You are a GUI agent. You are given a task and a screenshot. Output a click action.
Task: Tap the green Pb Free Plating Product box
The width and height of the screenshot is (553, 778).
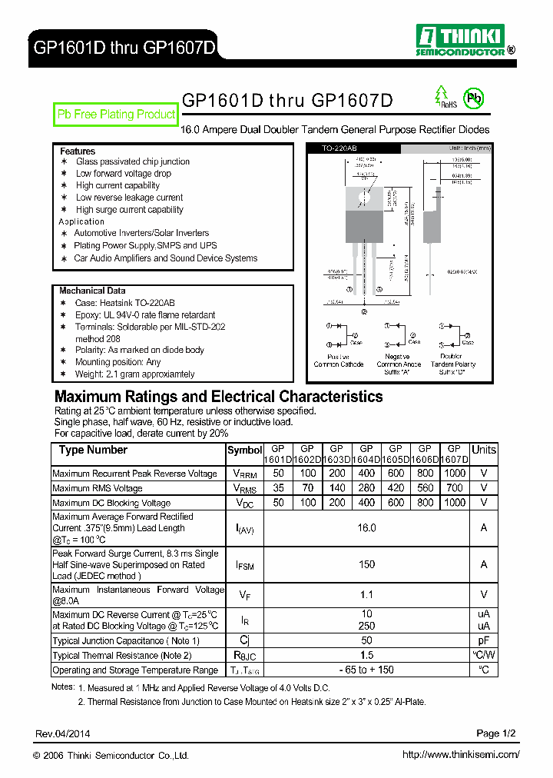pyautogui.click(x=117, y=115)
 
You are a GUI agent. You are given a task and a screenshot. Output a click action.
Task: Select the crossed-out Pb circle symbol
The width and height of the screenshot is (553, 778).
pyautogui.click(x=475, y=98)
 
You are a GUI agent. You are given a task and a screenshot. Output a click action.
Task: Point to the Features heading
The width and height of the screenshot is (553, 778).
pyautogui.click(x=78, y=151)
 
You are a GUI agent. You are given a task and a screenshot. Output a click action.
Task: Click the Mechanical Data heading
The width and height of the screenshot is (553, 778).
pyautogui.click(x=92, y=291)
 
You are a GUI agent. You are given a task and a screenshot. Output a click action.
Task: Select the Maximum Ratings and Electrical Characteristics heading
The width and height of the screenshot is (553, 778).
pyautogui.click(x=218, y=397)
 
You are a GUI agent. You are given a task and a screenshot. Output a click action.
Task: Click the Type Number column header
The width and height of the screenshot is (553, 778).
pyautogui.click(x=93, y=451)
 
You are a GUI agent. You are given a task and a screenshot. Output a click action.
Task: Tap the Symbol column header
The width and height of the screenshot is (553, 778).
pyautogui.click(x=245, y=451)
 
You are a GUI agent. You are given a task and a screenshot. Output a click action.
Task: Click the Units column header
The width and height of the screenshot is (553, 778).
pyautogui.click(x=484, y=450)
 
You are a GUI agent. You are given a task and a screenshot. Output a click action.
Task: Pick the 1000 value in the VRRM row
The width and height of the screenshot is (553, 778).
pyautogui.click(x=455, y=474)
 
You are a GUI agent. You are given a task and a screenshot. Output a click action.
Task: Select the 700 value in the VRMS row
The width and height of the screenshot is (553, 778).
pyautogui.click(x=455, y=488)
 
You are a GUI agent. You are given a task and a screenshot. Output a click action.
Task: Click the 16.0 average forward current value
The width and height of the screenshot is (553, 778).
pyautogui.click(x=366, y=528)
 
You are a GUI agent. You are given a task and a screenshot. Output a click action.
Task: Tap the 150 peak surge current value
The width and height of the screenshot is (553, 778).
pyautogui.click(x=366, y=564)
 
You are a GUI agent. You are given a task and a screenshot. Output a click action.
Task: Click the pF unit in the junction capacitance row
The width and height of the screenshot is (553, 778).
pyautogui.click(x=484, y=640)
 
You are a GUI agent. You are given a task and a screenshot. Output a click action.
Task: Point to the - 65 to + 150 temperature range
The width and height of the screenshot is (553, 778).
pyautogui.click(x=366, y=670)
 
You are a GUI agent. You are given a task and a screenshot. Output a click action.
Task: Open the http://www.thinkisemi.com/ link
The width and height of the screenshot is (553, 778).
pyautogui.click(x=461, y=755)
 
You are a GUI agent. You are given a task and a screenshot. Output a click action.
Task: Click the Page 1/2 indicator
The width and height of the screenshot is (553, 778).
pyautogui.click(x=498, y=733)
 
